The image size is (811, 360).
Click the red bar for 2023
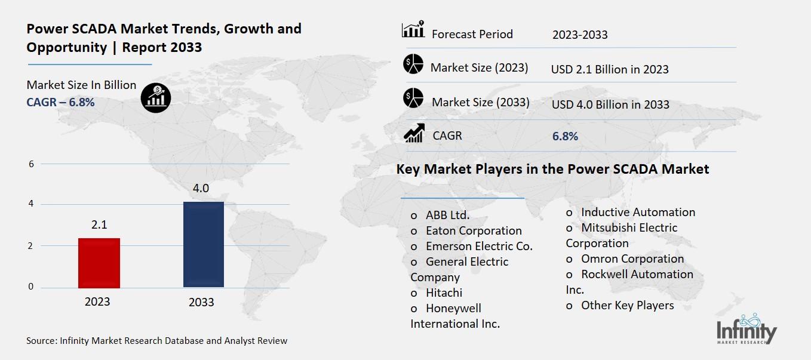pos(99,263)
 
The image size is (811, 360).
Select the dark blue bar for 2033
pos(203,244)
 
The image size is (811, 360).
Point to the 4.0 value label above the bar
pos(201,189)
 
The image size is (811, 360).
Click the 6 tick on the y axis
pos(31,164)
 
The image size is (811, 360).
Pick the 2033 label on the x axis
pos(201,302)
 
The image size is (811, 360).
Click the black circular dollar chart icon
pos(156,97)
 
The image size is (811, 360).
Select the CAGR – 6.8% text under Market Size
pos(60,102)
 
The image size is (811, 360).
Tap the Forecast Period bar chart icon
pos(413,30)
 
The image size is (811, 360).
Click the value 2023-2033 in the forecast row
pos(580,35)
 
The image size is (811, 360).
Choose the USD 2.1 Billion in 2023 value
pos(610,69)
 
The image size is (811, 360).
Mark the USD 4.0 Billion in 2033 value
pos(610,104)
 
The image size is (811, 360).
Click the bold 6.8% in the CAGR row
pos(565,136)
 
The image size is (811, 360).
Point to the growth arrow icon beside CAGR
pos(414,133)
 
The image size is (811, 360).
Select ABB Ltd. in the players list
pos(447,215)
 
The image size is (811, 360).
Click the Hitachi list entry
pos(444,293)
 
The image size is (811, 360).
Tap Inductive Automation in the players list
pos(638,212)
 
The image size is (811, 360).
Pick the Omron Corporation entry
pos(632,259)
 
